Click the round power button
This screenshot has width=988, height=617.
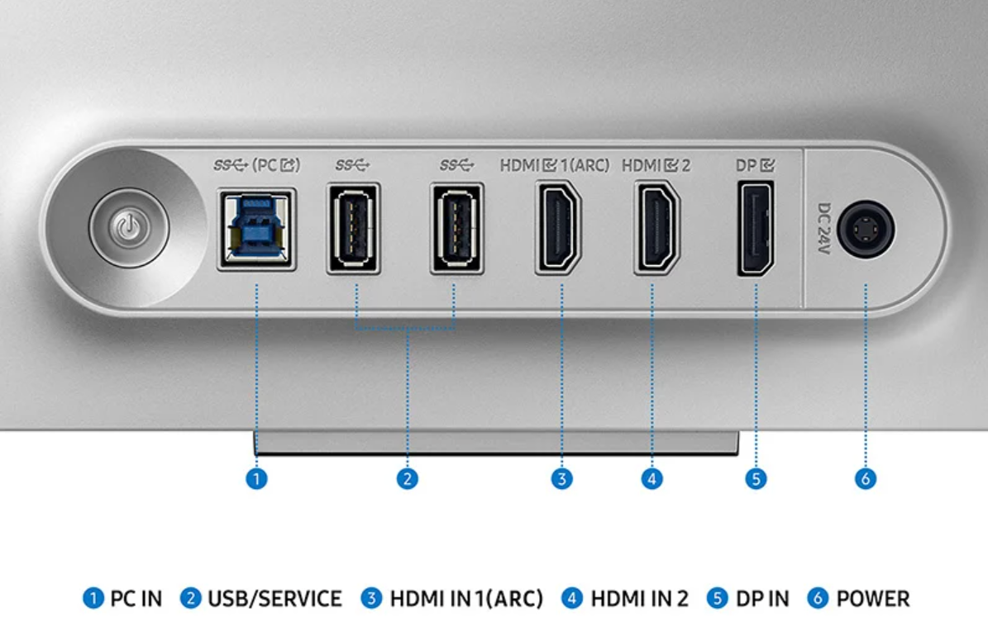pos(129,228)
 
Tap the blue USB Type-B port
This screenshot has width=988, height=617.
pos(256,230)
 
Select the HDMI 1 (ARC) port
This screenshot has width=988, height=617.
pos(557,227)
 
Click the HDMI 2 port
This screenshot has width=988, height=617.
pos(656,227)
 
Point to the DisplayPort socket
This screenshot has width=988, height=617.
pos(756,229)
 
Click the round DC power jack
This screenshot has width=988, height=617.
pos(866,229)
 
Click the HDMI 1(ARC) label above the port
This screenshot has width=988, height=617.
pos(555,165)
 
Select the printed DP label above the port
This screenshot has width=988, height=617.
pos(755,165)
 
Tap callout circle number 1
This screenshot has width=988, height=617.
pos(256,479)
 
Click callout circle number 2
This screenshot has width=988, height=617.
pos(407,479)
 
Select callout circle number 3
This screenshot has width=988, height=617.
pos(561,479)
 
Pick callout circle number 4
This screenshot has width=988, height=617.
pos(652,479)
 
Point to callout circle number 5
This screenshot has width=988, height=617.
pos(756,479)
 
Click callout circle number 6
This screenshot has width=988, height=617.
pos(865,479)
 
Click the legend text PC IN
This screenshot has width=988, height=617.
pos(136,598)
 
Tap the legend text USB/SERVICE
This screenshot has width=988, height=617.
pos(274,598)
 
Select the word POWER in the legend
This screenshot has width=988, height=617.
pos(873,598)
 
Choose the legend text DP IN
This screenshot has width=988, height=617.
pos(762,598)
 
